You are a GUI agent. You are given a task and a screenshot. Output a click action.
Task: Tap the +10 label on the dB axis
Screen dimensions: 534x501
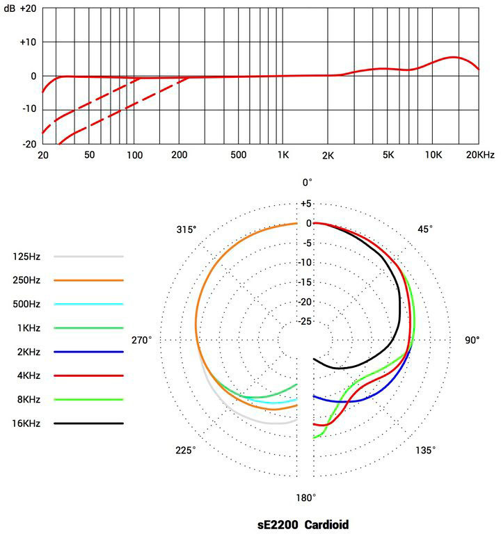click(x=27, y=42)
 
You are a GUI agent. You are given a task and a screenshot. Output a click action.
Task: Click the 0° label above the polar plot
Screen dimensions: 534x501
click(x=307, y=182)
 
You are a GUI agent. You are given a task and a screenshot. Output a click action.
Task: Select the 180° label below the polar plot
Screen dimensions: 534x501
click(x=306, y=498)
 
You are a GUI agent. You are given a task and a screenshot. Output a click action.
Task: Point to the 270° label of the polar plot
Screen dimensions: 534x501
click(x=141, y=340)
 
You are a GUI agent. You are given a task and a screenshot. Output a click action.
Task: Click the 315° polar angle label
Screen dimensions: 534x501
click(x=186, y=229)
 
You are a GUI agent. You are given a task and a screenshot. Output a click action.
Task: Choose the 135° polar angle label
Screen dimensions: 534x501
click(x=426, y=451)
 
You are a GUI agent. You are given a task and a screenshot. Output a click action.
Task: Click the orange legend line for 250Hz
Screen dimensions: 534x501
click(x=88, y=280)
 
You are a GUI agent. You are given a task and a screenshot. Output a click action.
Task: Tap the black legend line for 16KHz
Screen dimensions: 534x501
click(x=88, y=423)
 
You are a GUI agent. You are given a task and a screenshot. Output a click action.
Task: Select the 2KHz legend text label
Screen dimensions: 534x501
click(x=26, y=352)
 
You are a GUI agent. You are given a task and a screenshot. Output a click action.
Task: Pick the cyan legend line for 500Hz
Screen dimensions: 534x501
click(x=88, y=304)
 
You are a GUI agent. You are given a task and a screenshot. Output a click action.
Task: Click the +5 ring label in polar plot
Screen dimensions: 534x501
click(x=307, y=204)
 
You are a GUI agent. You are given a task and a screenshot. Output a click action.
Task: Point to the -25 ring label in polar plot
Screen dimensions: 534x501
click(x=305, y=321)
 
